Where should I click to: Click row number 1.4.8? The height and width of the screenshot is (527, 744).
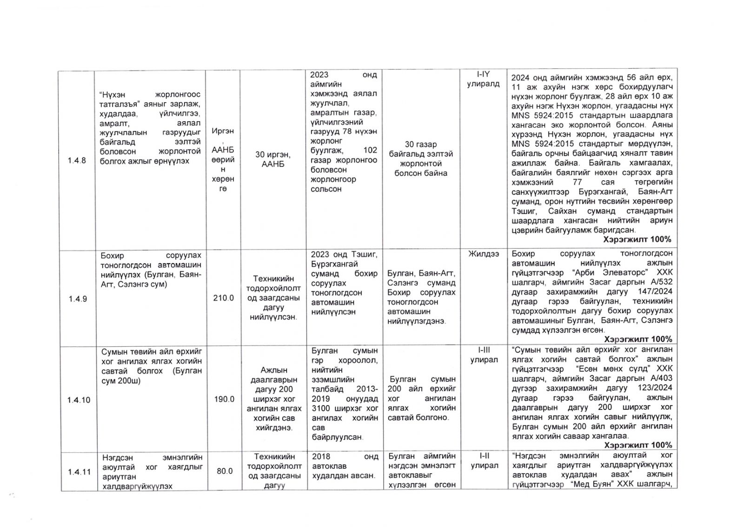tap(77, 161)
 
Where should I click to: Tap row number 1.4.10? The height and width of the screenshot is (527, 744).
tap(79, 400)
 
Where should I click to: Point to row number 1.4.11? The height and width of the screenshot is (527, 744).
tap(79, 472)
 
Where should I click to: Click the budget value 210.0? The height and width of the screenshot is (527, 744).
tap(224, 298)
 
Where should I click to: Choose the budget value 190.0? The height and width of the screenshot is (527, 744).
tap(224, 399)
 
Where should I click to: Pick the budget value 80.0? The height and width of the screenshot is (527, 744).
tap(225, 471)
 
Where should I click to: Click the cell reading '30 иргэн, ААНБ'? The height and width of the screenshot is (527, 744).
tap(273, 159)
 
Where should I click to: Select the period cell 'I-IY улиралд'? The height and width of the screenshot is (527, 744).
tap(483, 79)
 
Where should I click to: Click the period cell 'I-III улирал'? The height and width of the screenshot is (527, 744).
tap(484, 355)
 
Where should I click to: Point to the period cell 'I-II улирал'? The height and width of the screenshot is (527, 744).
tap(484, 461)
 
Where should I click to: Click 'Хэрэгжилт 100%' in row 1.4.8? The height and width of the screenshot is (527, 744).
tap(637, 239)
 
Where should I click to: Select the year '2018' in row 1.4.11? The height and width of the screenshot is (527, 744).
tap(321, 456)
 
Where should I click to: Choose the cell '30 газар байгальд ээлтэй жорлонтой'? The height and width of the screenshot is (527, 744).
tap(420, 158)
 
